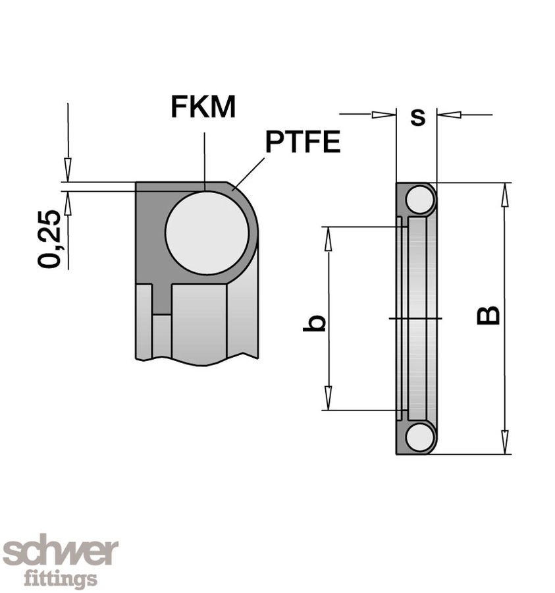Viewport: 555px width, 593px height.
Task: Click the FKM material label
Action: point(203,107)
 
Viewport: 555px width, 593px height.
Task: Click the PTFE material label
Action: point(303,142)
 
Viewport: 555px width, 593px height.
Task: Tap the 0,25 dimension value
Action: point(50,239)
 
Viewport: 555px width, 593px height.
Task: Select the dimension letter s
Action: point(417,117)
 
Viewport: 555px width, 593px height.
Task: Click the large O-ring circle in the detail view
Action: point(207,234)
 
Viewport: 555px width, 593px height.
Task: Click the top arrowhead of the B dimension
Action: point(505,191)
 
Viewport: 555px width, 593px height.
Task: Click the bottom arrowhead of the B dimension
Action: point(505,445)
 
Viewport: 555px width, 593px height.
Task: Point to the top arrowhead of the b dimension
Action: point(327,236)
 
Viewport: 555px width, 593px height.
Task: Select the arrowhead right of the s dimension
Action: point(449,115)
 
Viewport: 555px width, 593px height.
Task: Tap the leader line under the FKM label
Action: point(204,158)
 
